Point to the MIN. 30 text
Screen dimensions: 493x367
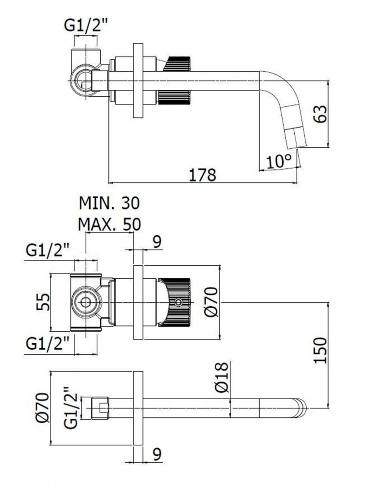pyautogui.click(x=109, y=203)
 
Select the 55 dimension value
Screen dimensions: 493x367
pyautogui.click(x=44, y=302)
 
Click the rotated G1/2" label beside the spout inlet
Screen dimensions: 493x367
pyautogui.click(x=71, y=408)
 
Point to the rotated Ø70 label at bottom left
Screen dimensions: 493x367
pyautogui.click(x=42, y=408)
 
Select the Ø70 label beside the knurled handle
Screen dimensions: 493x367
pyautogui.click(x=212, y=302)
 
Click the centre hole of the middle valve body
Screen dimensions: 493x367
pyautogui.click(x=86, y=302)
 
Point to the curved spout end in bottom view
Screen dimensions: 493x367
pyautogui.click(x=300, y=408)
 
